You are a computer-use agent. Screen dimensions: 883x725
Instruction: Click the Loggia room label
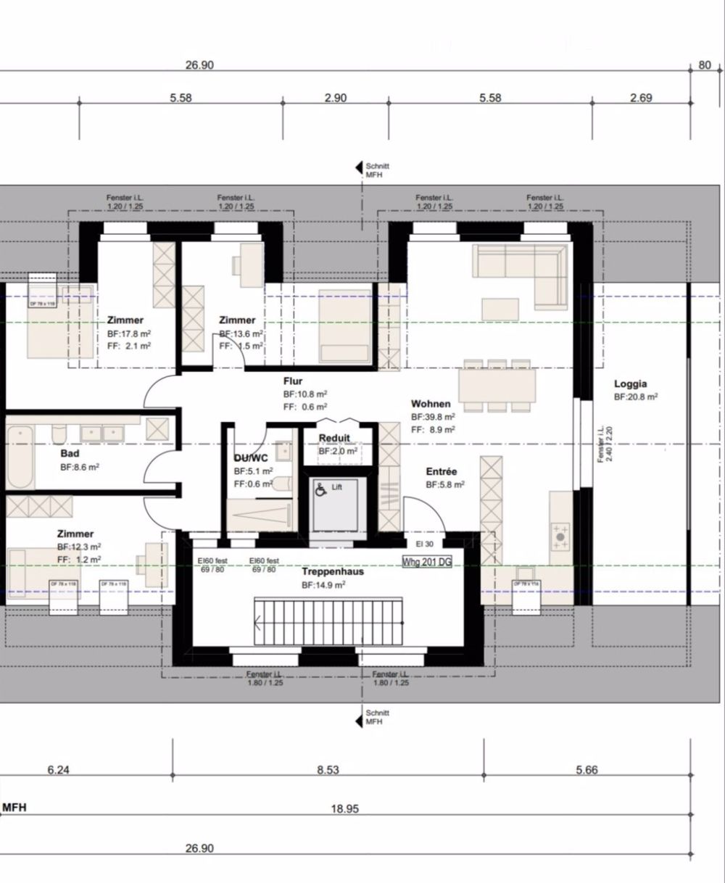pyautogui.click(x=630, y=384)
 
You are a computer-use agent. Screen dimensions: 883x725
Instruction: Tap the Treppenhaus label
pyautogui.click(x=333, y=571)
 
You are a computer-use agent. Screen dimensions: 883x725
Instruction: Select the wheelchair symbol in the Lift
pyautogui.click(x=320, y=489)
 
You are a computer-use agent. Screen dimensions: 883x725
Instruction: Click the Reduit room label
pyautogui.click(x=334, y=438)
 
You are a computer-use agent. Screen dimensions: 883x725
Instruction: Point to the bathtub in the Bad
pyautogui.click(x=20, y=457)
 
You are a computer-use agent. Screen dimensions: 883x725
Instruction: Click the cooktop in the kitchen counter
pyautogui.click(x=561, y=536)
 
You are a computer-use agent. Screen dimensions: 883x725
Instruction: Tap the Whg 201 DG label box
pyautogui.click(x=427, y=561)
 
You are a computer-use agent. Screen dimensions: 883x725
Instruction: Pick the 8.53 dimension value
pyautogui.click(x=328, y=770)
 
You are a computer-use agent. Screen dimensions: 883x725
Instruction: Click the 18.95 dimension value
pyautogui.click(x=345, y=808)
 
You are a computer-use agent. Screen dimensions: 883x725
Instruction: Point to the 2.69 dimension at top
pyautogui.click(x=642, y=98)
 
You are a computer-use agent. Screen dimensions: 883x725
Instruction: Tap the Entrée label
pyautogui.click(x=442, y=471)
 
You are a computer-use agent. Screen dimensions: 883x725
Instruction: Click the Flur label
pyautogui.click(x=293, y=381)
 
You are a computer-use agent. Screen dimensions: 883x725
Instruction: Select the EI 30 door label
pyautogui.click(x=424, y=544)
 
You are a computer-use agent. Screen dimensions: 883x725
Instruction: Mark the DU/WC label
pyautogui.click(x=250, y=457)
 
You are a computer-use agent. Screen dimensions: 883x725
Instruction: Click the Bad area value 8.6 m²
pyautogui.click(x=80, y=468)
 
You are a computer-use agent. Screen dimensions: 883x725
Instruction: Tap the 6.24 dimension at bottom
pyautogui.click(x=58, y=770)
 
